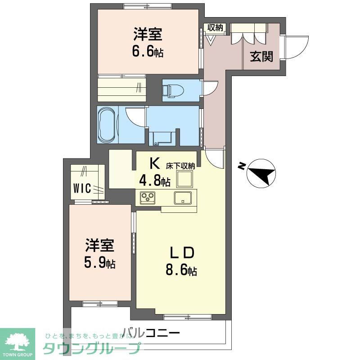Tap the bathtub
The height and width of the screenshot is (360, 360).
click(107, 125)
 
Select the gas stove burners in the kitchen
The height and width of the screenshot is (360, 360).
click(148, 197)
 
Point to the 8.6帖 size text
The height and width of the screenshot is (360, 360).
click(181, 271)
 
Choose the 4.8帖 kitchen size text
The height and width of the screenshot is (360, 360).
click(154, 181)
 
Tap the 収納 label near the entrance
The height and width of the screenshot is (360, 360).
click(215, 27)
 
